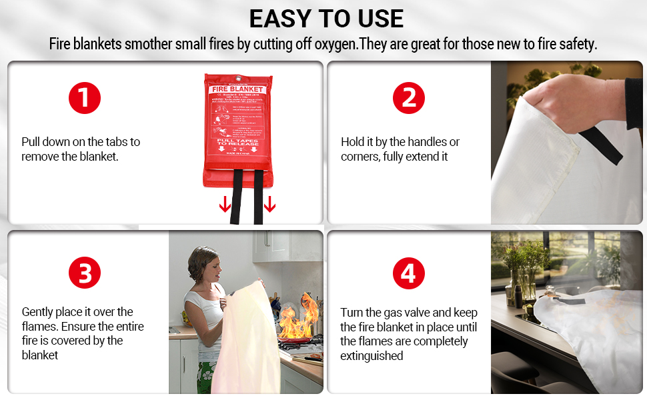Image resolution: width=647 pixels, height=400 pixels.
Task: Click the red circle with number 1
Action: (x=85, y=98)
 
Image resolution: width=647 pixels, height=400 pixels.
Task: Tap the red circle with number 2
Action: (x=409, y=98)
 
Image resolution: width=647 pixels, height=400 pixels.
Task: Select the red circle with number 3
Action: (x=85, y=274)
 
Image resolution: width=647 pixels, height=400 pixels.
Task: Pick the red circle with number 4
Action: (x=409, y=274)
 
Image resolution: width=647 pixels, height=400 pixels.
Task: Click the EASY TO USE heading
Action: (x=326, y=18)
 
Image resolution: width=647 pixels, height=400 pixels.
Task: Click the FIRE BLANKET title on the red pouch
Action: (x=238, y=89)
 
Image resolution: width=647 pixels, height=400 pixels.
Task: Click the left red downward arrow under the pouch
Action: (x=225, y=203)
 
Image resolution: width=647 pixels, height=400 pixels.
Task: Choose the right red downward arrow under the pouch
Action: (x=269, y=203)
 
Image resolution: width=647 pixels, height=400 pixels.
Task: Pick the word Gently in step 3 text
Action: (x=38, y=312)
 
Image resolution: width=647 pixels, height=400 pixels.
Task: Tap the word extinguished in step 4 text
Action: (x=372, y=356)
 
